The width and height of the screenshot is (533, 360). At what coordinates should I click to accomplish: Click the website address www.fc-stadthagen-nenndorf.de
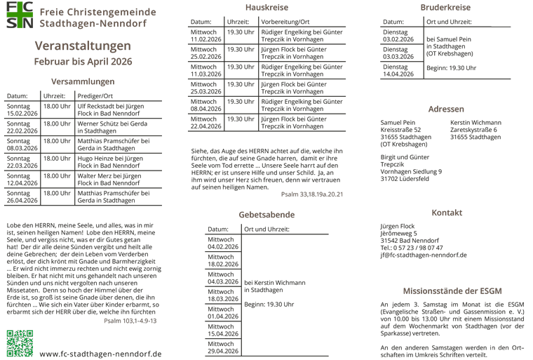(x=100, y=354)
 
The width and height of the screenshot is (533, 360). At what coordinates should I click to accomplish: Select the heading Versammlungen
(x=83, y=81)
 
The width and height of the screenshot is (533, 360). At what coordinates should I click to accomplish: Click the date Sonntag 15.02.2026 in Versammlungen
(x=22, y=109)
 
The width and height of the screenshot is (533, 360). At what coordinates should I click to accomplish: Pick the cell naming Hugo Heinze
(x=109, y=162)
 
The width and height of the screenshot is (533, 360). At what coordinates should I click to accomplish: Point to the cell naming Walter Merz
(x=109, y=179)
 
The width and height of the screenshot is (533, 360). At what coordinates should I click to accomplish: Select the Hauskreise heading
(x=266, y=8)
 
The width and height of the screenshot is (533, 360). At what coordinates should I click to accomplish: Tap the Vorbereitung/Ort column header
(x=288, y=22)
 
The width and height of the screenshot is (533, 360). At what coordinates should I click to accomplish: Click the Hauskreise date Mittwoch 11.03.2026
(x=205, y=69)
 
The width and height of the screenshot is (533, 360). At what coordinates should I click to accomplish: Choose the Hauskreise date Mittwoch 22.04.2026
(x=205, y=122)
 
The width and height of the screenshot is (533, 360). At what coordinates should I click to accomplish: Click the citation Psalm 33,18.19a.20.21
(x=311, y=194)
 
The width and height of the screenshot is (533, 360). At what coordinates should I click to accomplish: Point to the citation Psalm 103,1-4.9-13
(x=130, y=320)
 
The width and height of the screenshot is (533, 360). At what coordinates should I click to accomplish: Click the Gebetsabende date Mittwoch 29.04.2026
(x=224, y=347)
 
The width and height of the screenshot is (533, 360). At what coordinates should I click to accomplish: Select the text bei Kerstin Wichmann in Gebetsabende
(x=274, y=282)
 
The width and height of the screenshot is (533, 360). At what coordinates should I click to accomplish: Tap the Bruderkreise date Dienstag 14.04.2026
(x=398, y=70)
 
